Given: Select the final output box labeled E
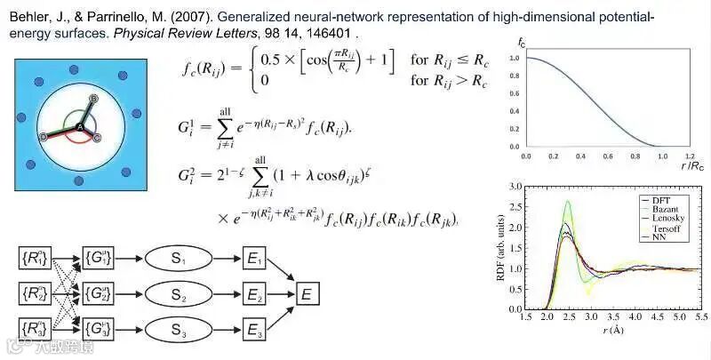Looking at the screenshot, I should coord(307,292).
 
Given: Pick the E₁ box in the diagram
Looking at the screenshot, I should coord(254,259).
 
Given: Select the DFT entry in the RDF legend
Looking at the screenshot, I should coord(668,201).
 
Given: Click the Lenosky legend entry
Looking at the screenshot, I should coord(675,219).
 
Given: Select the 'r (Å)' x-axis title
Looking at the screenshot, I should coord(612,330).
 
